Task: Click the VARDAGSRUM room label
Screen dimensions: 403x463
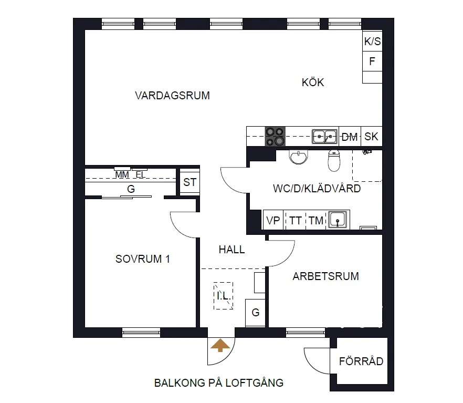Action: (x=172, y=96)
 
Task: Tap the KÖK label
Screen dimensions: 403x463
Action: (x=313, y=82)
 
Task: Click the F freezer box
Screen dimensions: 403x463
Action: (x=372, y=61)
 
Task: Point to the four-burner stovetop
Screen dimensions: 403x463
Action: (x=275, y=137)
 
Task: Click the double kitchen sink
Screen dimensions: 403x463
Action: (x=325, y=137)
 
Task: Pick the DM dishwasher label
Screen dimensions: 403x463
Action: (x=350, y=137)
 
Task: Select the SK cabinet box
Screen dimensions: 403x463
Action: (x=371, y=137)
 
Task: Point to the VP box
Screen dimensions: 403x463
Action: (x=273, y=221)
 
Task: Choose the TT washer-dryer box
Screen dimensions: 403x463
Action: (x=295, y=221)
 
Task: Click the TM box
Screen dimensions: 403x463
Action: (x=316, y=221)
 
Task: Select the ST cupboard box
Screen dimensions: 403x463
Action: (x=190, y=183)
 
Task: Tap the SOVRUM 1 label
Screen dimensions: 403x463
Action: (x=143, y=259)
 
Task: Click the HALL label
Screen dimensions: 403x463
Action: (x=231, y=250)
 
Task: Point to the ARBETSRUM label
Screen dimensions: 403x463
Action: (x=326, y=276)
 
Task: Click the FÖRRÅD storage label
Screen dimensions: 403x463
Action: (x=361, y=361)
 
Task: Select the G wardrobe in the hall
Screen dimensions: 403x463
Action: (x=256, y=313)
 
